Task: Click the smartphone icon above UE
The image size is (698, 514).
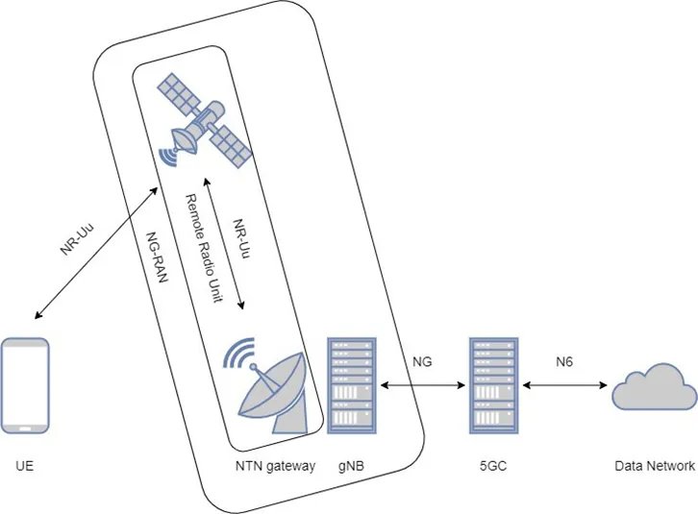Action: (x=26, y=384)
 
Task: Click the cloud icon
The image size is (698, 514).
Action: (x=654, y=388)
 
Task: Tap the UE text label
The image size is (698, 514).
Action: (x=25, y=467)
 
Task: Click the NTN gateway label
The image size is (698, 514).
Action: (x=275, y=467)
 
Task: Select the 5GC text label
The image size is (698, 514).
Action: (x=493, y=467)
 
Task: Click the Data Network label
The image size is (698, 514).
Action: (x=655, y=467)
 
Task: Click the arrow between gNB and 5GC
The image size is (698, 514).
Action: (x=424, y=386)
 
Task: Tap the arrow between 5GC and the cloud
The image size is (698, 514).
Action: (x=566, y=386)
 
